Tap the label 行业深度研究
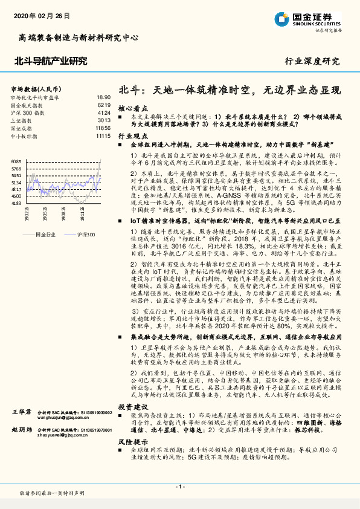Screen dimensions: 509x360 pyautogui.click(x=312, y=62)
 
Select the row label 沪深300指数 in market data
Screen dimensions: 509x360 pyautogui.click(x=28, y=113)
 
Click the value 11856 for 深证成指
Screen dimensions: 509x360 pyautogui.click(x=103, y=129)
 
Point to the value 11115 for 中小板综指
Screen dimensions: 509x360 pyautogui.click(x=103, y=137)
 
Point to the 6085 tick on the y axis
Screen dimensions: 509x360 pyautogui.click(x=16, y=161)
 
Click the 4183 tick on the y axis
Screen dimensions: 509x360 pyautogui.click(x=16, y=203)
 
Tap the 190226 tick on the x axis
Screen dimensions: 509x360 pyautogui.click(x=27, y=215)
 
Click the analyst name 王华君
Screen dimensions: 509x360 pyautogui.click(x=22, y=411)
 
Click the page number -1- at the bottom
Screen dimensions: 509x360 pyautogui.click(x=180, y=487)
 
